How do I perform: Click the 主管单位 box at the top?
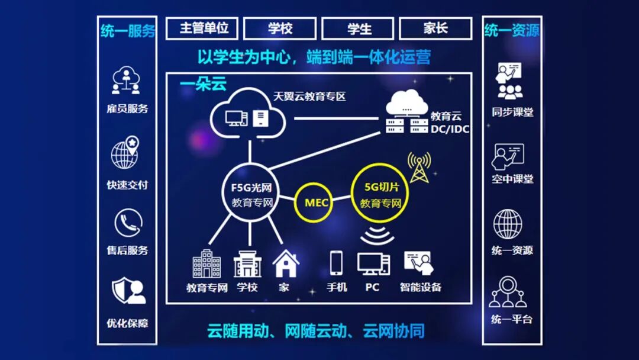204,28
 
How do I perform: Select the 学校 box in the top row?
280,28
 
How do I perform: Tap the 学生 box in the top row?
358,28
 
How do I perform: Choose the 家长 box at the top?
435,28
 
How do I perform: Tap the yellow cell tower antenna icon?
419,168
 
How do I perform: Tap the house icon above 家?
285,264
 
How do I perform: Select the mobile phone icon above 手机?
336,263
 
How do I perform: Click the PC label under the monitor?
372,288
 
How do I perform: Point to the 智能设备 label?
420,288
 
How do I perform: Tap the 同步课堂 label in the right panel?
512,112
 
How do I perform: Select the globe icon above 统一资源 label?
508,224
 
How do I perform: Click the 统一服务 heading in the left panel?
127,31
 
